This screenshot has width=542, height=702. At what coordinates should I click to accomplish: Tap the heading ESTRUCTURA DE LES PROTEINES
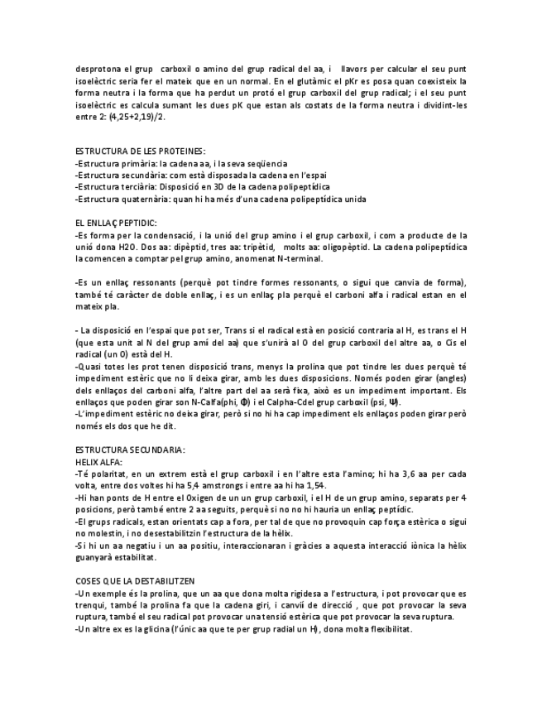pos(140,151)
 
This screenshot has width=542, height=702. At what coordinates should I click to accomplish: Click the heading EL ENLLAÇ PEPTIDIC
pos(116,223)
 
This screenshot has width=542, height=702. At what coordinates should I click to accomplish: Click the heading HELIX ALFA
pos(98,461)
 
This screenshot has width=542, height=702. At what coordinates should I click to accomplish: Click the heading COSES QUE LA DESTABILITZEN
pos(135,582)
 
